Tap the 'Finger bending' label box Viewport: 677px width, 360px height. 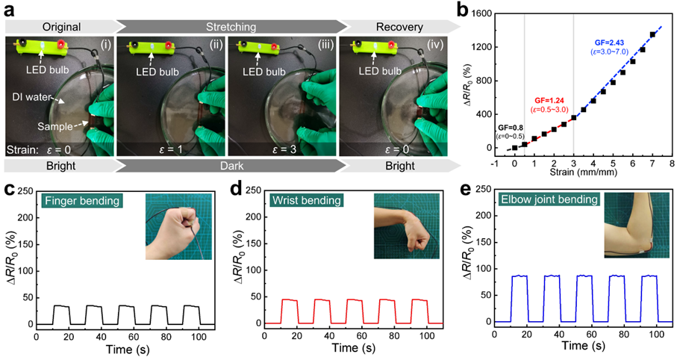coord(80,200)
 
